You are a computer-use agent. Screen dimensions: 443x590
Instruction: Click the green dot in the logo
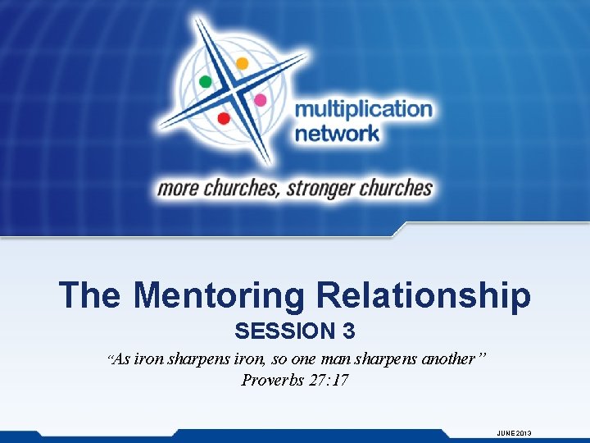pyautogui.click(x=206, y=81)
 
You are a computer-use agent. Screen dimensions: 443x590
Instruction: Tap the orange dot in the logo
pyautogui.click(x=242, y=63)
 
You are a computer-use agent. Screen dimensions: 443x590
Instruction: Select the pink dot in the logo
pyautogui.click(x=260, y=100)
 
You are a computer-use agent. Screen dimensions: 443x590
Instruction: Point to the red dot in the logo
pyautogui.click(x=223, y=118)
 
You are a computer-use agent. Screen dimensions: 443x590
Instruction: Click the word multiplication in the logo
pyautogui.click(x=363, y=110)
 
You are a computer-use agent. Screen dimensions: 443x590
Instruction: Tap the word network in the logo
pyautogui.click(x=337, y=133)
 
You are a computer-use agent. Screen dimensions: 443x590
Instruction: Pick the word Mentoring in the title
pyautogui.click(x=216, y=295)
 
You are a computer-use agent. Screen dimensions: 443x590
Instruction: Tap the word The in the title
pyautogui.click(x=90, y=295)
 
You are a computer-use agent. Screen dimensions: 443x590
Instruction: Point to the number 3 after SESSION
pyautogui.click(x=349, y=331)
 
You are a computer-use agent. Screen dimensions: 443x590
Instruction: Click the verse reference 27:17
pyautogui.click(x=330, y=380)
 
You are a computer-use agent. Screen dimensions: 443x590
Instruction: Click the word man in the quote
pyautogui.click(x=356, y=359)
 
